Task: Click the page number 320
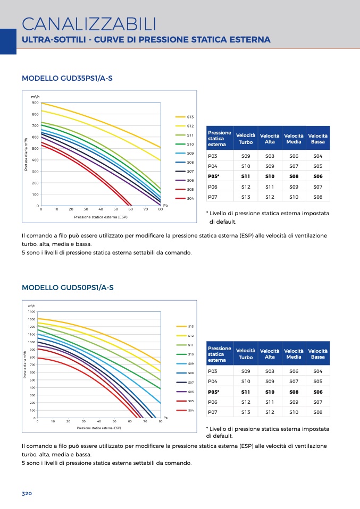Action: tap(27, 494)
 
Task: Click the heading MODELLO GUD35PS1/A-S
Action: tap(67, 78)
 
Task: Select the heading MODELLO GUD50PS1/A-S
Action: tap(68, 287)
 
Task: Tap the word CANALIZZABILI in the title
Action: tap(89, 24)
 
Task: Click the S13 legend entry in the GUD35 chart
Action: tap(185, 117)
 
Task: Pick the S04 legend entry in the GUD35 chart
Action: tap(185, 198)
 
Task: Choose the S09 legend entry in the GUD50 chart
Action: tap(185, 363)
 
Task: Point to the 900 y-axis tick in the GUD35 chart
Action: tap(35, 103)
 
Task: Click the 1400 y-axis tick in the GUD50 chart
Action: tap(31, 312)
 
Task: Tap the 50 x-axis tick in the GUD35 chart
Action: tap(116, 209)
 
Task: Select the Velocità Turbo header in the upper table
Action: tap(246, 139)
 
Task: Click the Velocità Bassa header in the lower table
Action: tap(318, 354)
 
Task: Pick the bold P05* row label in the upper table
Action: tap(213, 176)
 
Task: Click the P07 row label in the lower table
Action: tap(213, 412)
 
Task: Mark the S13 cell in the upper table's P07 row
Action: tap(246, 197)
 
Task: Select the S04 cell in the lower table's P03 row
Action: tap(318, 371)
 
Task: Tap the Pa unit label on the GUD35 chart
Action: tap(165, 205)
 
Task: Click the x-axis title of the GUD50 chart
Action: tap(99, 428)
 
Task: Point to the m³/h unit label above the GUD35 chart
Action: tap(35, 97)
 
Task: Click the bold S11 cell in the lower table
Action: tap(246, 392)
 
